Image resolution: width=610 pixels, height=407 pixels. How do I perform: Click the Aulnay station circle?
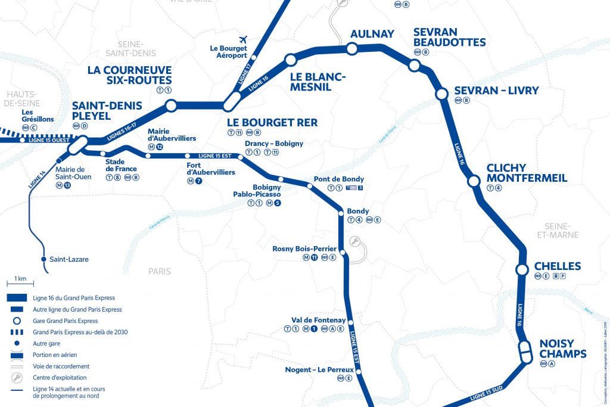coord(352,48)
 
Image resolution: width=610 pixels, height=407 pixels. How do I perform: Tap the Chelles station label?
coord(557,266)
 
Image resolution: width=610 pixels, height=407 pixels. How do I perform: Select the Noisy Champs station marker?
coord(525,351)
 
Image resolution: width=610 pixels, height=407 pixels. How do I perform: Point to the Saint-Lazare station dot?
coord(43,260)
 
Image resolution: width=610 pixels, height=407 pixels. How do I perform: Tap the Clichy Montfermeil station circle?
coord(474,181)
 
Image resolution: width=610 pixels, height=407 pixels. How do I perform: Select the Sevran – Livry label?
coord(496,91)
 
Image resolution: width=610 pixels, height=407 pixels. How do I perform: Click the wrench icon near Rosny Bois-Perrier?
coord(354,241)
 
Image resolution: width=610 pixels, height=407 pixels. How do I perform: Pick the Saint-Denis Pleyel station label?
coord(107,111)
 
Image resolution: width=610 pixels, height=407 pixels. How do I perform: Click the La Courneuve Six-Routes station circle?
coord(171,106)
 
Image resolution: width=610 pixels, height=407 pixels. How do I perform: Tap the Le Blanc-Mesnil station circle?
coord(291,60)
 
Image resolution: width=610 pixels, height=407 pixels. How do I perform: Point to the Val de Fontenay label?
coord(318,319)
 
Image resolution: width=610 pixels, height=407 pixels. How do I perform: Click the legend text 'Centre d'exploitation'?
coord(61,377)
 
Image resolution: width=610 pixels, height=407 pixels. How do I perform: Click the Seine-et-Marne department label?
coord(561,231)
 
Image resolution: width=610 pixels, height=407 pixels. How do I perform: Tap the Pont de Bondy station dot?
coord(309,187)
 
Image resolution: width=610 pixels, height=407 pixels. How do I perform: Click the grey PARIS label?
coord(160,271)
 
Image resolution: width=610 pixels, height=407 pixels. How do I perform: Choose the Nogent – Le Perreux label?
coord(320,369)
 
